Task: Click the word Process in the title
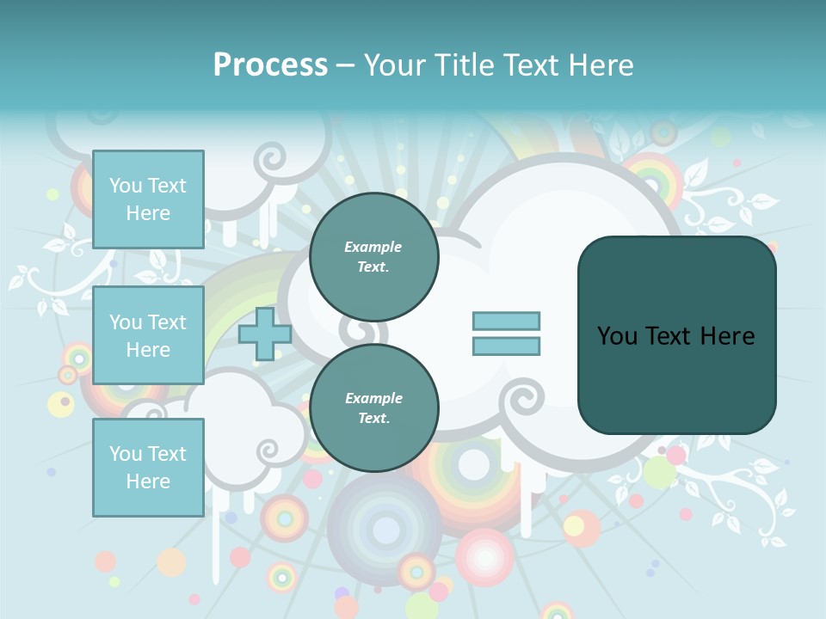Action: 270,65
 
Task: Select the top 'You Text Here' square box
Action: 148,199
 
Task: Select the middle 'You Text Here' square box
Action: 148,335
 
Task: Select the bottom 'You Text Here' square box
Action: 148,468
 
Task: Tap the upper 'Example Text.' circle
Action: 373,257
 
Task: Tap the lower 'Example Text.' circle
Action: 373,408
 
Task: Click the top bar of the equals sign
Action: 506,322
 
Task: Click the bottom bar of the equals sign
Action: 506,346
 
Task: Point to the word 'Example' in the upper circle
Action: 373,247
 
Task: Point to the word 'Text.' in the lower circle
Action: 373,419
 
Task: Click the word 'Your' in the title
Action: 396,65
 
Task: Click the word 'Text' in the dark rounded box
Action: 669,336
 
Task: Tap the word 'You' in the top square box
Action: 126,186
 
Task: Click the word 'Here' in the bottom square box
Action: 148,481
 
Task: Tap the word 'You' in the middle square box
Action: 126,322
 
